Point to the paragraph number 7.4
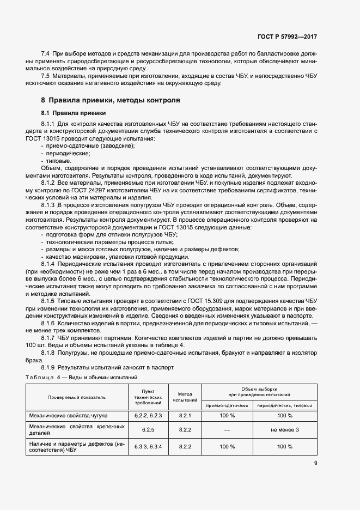tap(46, 54)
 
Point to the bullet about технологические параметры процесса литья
tap(111, 241)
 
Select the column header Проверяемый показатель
tap(76, 397)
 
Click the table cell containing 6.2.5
tap(149, 430)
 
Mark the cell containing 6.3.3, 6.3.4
tap(149, 446)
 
